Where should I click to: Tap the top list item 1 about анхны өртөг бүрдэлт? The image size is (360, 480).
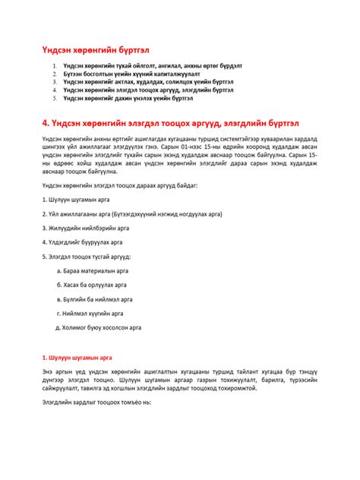coord(152,66)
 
